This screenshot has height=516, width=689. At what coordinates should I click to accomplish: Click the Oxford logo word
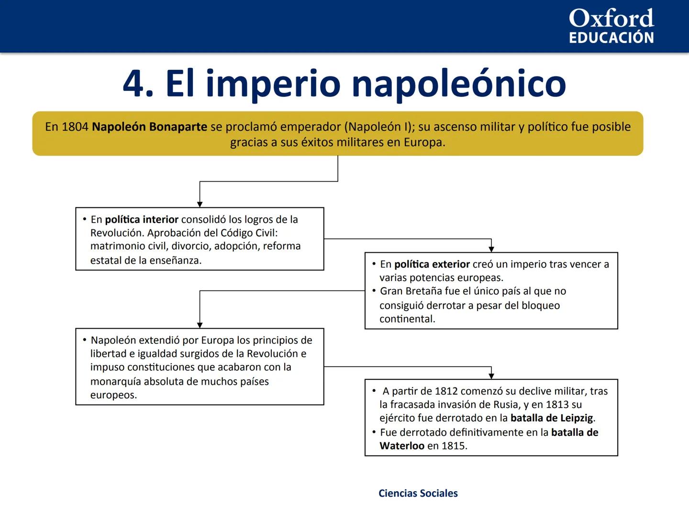(x=611, y=19)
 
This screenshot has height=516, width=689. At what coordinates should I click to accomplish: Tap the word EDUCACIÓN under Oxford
(x=611, y=38)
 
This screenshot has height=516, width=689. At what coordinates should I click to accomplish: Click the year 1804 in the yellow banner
(x=75, y=127)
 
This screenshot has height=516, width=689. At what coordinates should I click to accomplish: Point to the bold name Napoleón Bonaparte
(x=149, y=127)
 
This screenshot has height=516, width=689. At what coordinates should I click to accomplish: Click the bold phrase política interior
(x=142, y=219)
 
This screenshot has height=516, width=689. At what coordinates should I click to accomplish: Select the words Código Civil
(x=249, y=233)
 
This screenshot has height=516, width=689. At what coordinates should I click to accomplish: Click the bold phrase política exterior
(x=432, y=264)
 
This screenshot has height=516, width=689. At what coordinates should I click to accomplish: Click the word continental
(x=407, y=319)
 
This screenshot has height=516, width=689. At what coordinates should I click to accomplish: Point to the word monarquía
(x=115, y=381)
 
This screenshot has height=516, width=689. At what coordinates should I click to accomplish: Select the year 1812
(x=446, y=391)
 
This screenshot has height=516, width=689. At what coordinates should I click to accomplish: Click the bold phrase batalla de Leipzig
(x=552, y=418)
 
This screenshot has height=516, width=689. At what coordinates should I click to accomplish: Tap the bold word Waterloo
(x=402, y=446)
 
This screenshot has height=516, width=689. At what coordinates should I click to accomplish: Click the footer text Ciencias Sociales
(x=418, y=494)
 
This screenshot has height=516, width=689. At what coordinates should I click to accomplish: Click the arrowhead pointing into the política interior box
(x=200, y=204)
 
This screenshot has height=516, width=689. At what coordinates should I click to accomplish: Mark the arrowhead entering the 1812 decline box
(x=491, y=376)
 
